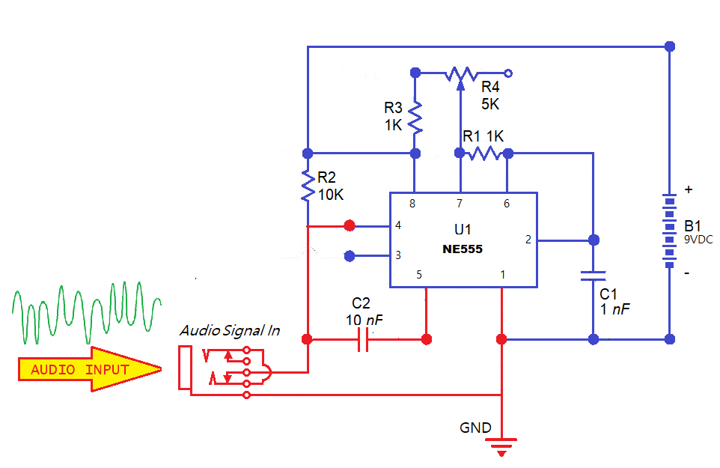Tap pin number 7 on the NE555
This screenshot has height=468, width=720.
460,204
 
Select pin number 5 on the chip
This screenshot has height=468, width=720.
419,275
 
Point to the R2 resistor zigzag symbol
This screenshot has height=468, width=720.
307,186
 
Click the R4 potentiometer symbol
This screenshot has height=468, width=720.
461,73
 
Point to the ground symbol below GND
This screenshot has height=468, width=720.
502,448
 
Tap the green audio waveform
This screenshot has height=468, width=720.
86,311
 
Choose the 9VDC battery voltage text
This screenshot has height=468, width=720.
698,239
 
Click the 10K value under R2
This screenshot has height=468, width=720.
331,194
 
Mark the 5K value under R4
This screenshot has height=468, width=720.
490,104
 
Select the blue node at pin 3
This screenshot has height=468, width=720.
350,256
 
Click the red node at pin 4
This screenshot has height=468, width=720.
350,225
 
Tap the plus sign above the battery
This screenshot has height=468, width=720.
689,190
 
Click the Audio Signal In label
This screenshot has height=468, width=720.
231,331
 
